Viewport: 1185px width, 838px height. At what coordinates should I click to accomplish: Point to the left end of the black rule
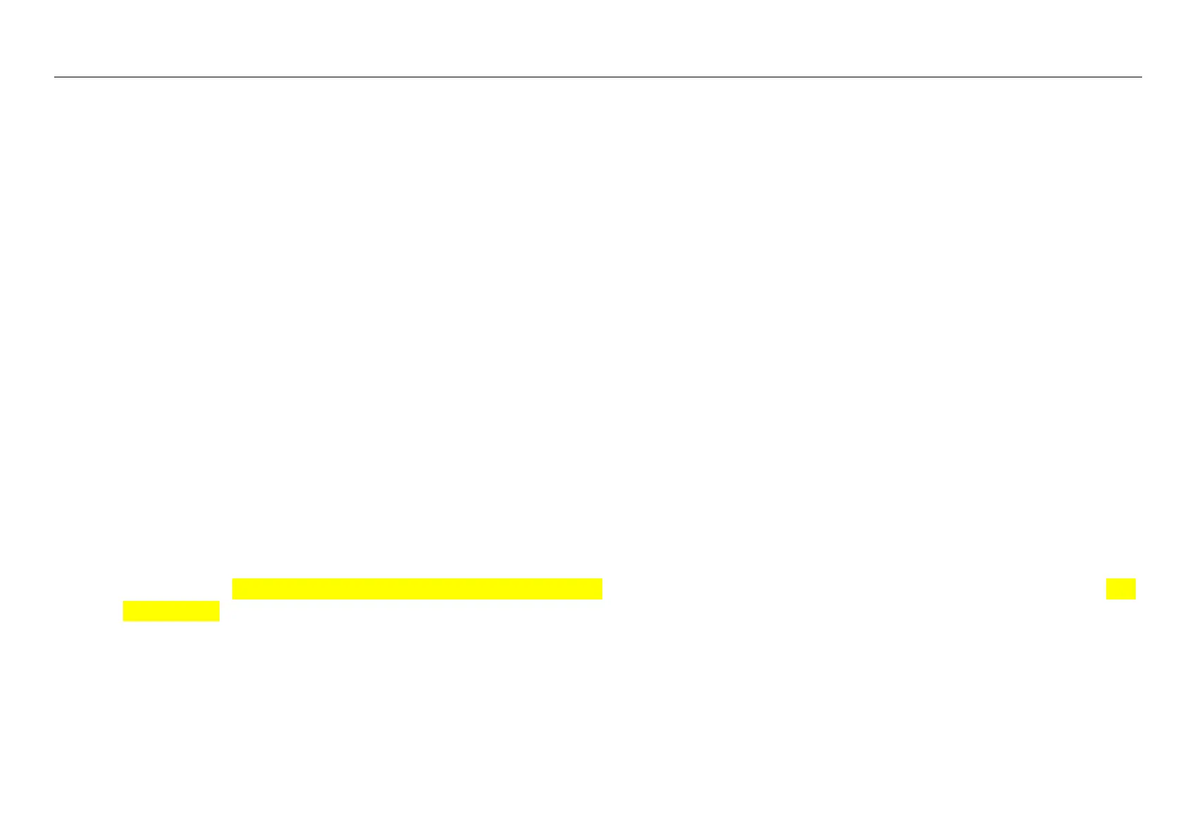pyautogui.click(x=55, y=77)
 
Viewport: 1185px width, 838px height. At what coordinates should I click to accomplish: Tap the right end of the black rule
pyautogui.click(x=1141, y=77)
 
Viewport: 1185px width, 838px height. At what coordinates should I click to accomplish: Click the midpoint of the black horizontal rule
pyautogui.click(x=598, y=77)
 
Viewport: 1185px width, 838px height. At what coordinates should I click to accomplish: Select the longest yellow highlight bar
pyautogui.click(x=417, y=589)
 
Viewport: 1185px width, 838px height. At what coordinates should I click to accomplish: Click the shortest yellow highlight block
pyautogui.click(x=1121, y=589)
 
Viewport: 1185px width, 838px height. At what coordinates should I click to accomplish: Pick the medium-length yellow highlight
pyautogui.click(x=171, y=611)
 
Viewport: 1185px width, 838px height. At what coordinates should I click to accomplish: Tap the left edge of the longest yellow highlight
pyautogui.click(x=233, y=589)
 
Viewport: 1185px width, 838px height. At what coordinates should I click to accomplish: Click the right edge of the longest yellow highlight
pyautogui.click(x=602, y=589)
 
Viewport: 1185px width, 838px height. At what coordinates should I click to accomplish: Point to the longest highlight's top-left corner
pyautogui.click(x=233, y=579)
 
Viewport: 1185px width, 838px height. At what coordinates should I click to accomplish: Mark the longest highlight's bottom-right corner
pyautogui.click(x=602, y=599)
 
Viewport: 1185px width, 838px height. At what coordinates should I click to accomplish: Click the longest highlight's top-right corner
pyautogui.click(x=602, y=579)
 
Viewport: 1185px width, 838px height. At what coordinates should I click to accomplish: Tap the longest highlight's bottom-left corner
pyautogui.click(x=233, y=599)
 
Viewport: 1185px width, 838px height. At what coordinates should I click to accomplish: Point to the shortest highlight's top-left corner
pyautogui.click(x=1107, y=579)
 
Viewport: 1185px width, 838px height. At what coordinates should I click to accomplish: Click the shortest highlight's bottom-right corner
pyautogui.click(x=1135, y=599)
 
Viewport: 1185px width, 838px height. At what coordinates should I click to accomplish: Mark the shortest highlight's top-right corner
pyautogui.click(x=1135, y=579)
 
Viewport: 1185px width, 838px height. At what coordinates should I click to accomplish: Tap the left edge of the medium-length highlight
pyautogui.click(x=124, y=611)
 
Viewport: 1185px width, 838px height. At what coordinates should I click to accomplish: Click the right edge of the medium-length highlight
pyautogui.click(x=219, y=611)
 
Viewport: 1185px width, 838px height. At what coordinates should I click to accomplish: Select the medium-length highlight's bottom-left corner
pyautogui.click(x=124, y=621)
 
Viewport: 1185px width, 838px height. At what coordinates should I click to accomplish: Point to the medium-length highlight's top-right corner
pyautogui.click(x=219, y=602)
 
